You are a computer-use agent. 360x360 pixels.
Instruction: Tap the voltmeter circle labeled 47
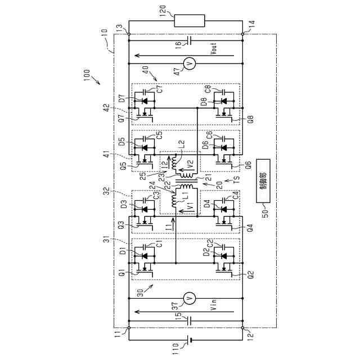(190, 65)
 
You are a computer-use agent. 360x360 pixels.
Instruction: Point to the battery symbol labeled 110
(190, 340)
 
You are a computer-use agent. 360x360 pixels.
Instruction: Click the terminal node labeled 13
(129, 34)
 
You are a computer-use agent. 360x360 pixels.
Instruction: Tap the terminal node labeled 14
(243, 34)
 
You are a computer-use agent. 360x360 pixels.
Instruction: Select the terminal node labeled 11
(129, 328)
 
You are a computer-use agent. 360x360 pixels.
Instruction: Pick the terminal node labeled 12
(243, 328)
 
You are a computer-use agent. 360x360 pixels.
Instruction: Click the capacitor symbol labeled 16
(190, 40)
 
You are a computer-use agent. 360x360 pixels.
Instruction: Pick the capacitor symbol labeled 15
(190, 321)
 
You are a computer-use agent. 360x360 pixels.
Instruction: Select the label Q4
(251, 228)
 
